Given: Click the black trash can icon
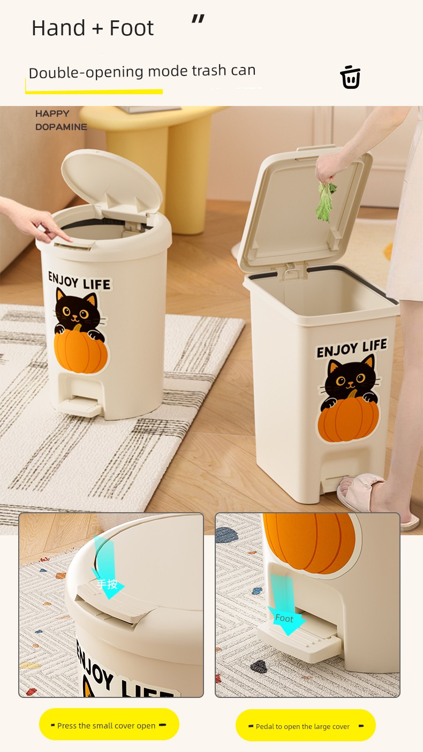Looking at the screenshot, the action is pyautogui.click(x=350, y=77).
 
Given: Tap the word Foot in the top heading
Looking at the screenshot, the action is pyautogui.click(x=132, y=28).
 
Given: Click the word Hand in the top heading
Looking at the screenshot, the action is pyautogui.click(x=58, y=28).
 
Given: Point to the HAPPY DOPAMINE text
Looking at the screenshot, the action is pyautogui.click(x=61, y=120).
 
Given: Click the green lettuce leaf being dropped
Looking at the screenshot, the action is pyautogui.click(x=325, y=202).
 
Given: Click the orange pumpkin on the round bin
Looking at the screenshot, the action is pyautogui.click(x=80, y=351).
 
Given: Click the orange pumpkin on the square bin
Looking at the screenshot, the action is pyautogui.click(x=348, y=419).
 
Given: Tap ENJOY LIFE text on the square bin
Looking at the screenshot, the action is pyautogui.click(x=351, y=348).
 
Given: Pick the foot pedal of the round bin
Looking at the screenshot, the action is pyautogui.click(x=80, y=406).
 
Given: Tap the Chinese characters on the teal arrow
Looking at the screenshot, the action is pyautogui.click(x=107, y=584).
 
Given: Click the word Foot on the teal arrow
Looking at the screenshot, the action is pyautogui.click(x=284, y=618).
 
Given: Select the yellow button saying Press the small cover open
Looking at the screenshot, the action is pyautogui.click(x=109, y=725).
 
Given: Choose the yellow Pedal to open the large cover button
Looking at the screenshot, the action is pyautogui.click(x=306, y=726).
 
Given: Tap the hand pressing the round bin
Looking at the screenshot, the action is pyautogui.click(x=37, y=220).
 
